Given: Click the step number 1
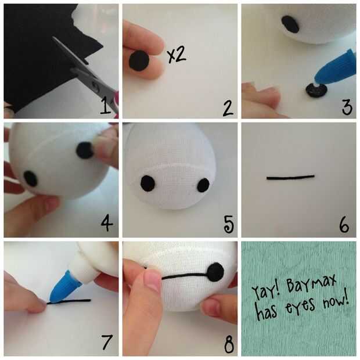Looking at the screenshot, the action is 105,105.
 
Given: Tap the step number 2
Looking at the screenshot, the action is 228,107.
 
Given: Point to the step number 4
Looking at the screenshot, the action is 107,224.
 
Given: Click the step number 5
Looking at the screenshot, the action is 229,224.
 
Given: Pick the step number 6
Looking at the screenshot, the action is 344,225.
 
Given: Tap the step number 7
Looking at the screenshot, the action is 106,342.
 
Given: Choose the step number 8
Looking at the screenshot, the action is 229,344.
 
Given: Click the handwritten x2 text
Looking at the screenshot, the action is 177,55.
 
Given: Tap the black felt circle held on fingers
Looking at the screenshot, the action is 139,61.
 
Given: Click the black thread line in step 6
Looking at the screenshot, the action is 290,177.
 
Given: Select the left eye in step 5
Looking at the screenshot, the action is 147,183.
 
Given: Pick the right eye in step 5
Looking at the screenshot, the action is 203,185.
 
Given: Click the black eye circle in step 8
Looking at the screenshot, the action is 215,272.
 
